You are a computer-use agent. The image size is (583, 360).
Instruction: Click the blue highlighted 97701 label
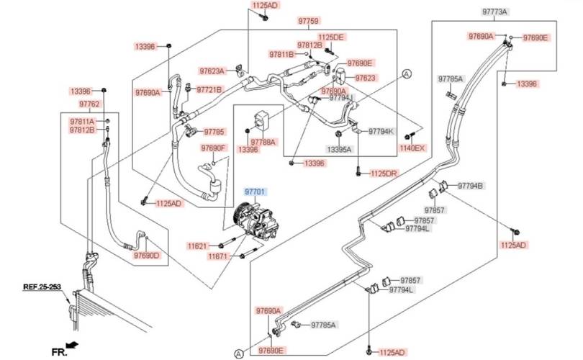(x=255, y=192)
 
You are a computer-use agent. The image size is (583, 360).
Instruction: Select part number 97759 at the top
(x=308, y=22)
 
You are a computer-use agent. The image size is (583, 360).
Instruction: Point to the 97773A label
(x=494, y=12)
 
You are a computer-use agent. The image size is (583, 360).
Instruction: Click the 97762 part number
(x=90, y=104)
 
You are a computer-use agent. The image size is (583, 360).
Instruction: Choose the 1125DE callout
(x=332, y=37)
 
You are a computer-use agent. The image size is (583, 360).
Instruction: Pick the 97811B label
(x=282, y=54)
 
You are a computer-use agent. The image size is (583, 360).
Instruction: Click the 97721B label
(x=209, y=89)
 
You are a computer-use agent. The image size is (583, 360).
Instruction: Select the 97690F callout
(x=213, y=148)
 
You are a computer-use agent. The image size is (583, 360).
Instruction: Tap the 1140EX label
(x=413, y=148)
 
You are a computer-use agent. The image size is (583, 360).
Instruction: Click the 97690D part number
(x=146, y=255)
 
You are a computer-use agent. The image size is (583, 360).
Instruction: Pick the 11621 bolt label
(x=199, y=246)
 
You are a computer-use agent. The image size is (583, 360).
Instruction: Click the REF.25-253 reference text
(x=41, y=287)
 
